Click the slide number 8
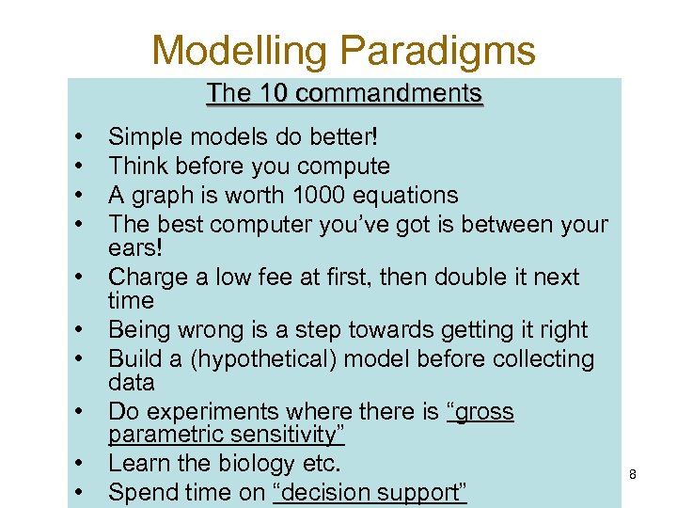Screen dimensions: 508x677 (633, 474)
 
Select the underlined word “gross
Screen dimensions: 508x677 (480, 412)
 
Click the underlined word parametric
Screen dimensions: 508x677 (163, 436)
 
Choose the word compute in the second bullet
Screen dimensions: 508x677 (342, 167)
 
